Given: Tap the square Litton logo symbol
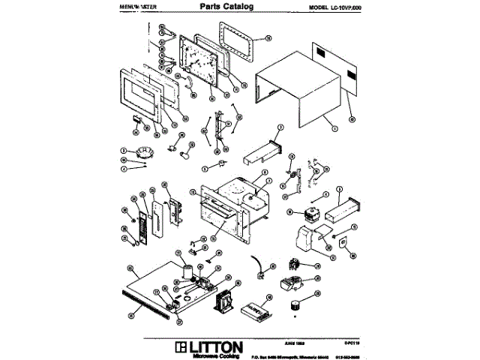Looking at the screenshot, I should point(178,347).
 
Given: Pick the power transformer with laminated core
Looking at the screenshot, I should point(224,303).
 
